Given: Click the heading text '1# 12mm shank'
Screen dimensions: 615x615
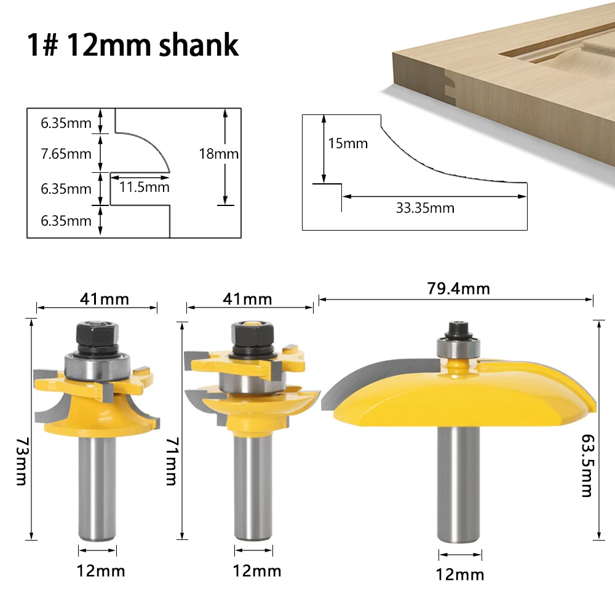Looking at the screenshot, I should click(x=132, y=46).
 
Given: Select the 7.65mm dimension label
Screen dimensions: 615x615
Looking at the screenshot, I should click(x=66, y=154).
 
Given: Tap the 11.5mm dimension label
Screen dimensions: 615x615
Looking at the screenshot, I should click(x=144, y=187).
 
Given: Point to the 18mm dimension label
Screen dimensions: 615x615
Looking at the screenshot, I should click(x=218, y=154).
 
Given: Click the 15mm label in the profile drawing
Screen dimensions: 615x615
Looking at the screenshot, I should click(x=347, y=143).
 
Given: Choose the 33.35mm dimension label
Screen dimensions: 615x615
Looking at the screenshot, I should click(x=425, y=208).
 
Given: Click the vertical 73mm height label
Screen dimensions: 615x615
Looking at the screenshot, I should click(x=22, y=461).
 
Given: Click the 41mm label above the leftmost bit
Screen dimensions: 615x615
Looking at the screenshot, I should click(x=105, y=299).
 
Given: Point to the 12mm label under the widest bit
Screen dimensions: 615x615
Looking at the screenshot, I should click(x=460, y=575).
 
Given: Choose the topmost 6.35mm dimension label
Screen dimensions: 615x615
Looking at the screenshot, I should click(x=66, y=122).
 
